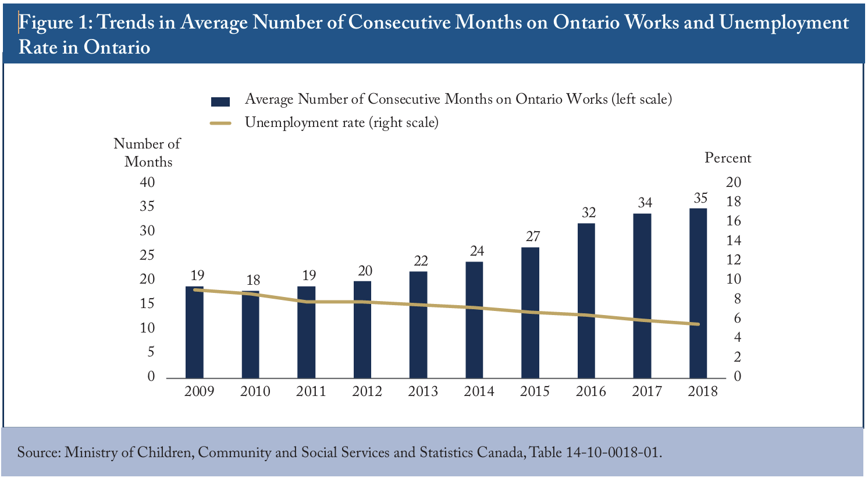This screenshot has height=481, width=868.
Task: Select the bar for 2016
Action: click(x=586, y=300)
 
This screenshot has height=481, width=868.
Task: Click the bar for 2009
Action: click(x=194, y=332)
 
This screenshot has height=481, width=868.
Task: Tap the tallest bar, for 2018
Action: click(x=698, y=293)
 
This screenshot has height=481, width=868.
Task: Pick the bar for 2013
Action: click(x=418, y=325)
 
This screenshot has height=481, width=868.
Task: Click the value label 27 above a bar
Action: click(x=533, y=236)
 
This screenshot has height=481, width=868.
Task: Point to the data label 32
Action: click(x=589, y=212)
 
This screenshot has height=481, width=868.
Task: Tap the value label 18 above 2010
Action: click(x=253, y=280)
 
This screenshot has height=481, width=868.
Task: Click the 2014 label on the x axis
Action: click(x=479, y=391)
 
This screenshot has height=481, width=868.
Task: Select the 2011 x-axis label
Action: click(x=311, y=391)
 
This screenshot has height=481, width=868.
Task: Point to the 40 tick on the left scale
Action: click(x=147, y=182)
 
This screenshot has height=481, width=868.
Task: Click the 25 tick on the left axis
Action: click(x=147, y=255)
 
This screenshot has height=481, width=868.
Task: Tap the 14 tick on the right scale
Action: click(x=733, y=240)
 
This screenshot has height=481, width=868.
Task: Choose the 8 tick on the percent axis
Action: click(x=737, y=299)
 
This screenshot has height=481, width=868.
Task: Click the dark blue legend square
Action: click(x=220, y=102)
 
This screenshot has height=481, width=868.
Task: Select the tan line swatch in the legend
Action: click(x=220, y=123)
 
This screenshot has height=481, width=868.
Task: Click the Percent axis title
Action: click(x=728, y=158)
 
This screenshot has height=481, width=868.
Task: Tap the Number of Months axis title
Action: click(x=147, y=153)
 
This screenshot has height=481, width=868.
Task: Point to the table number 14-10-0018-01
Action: click(x=612, y=452)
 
